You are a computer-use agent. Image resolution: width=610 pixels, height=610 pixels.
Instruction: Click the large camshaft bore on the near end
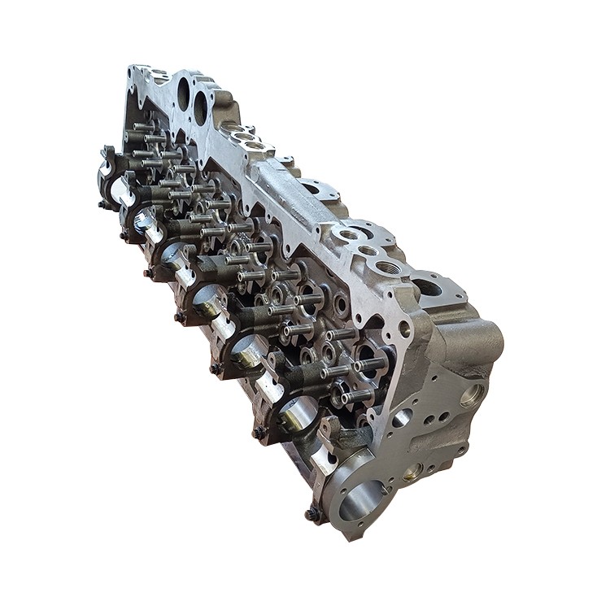[x=362, y=499]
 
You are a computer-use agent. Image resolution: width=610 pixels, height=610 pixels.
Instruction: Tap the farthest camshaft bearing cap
[x=111, y=166]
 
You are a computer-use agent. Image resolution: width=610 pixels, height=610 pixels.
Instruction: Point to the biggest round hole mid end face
[x=401, y=419]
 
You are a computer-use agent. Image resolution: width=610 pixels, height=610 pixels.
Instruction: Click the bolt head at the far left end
[x=103, y=204]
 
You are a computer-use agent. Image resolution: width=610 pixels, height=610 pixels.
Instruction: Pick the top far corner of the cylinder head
[x=132, y=68]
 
